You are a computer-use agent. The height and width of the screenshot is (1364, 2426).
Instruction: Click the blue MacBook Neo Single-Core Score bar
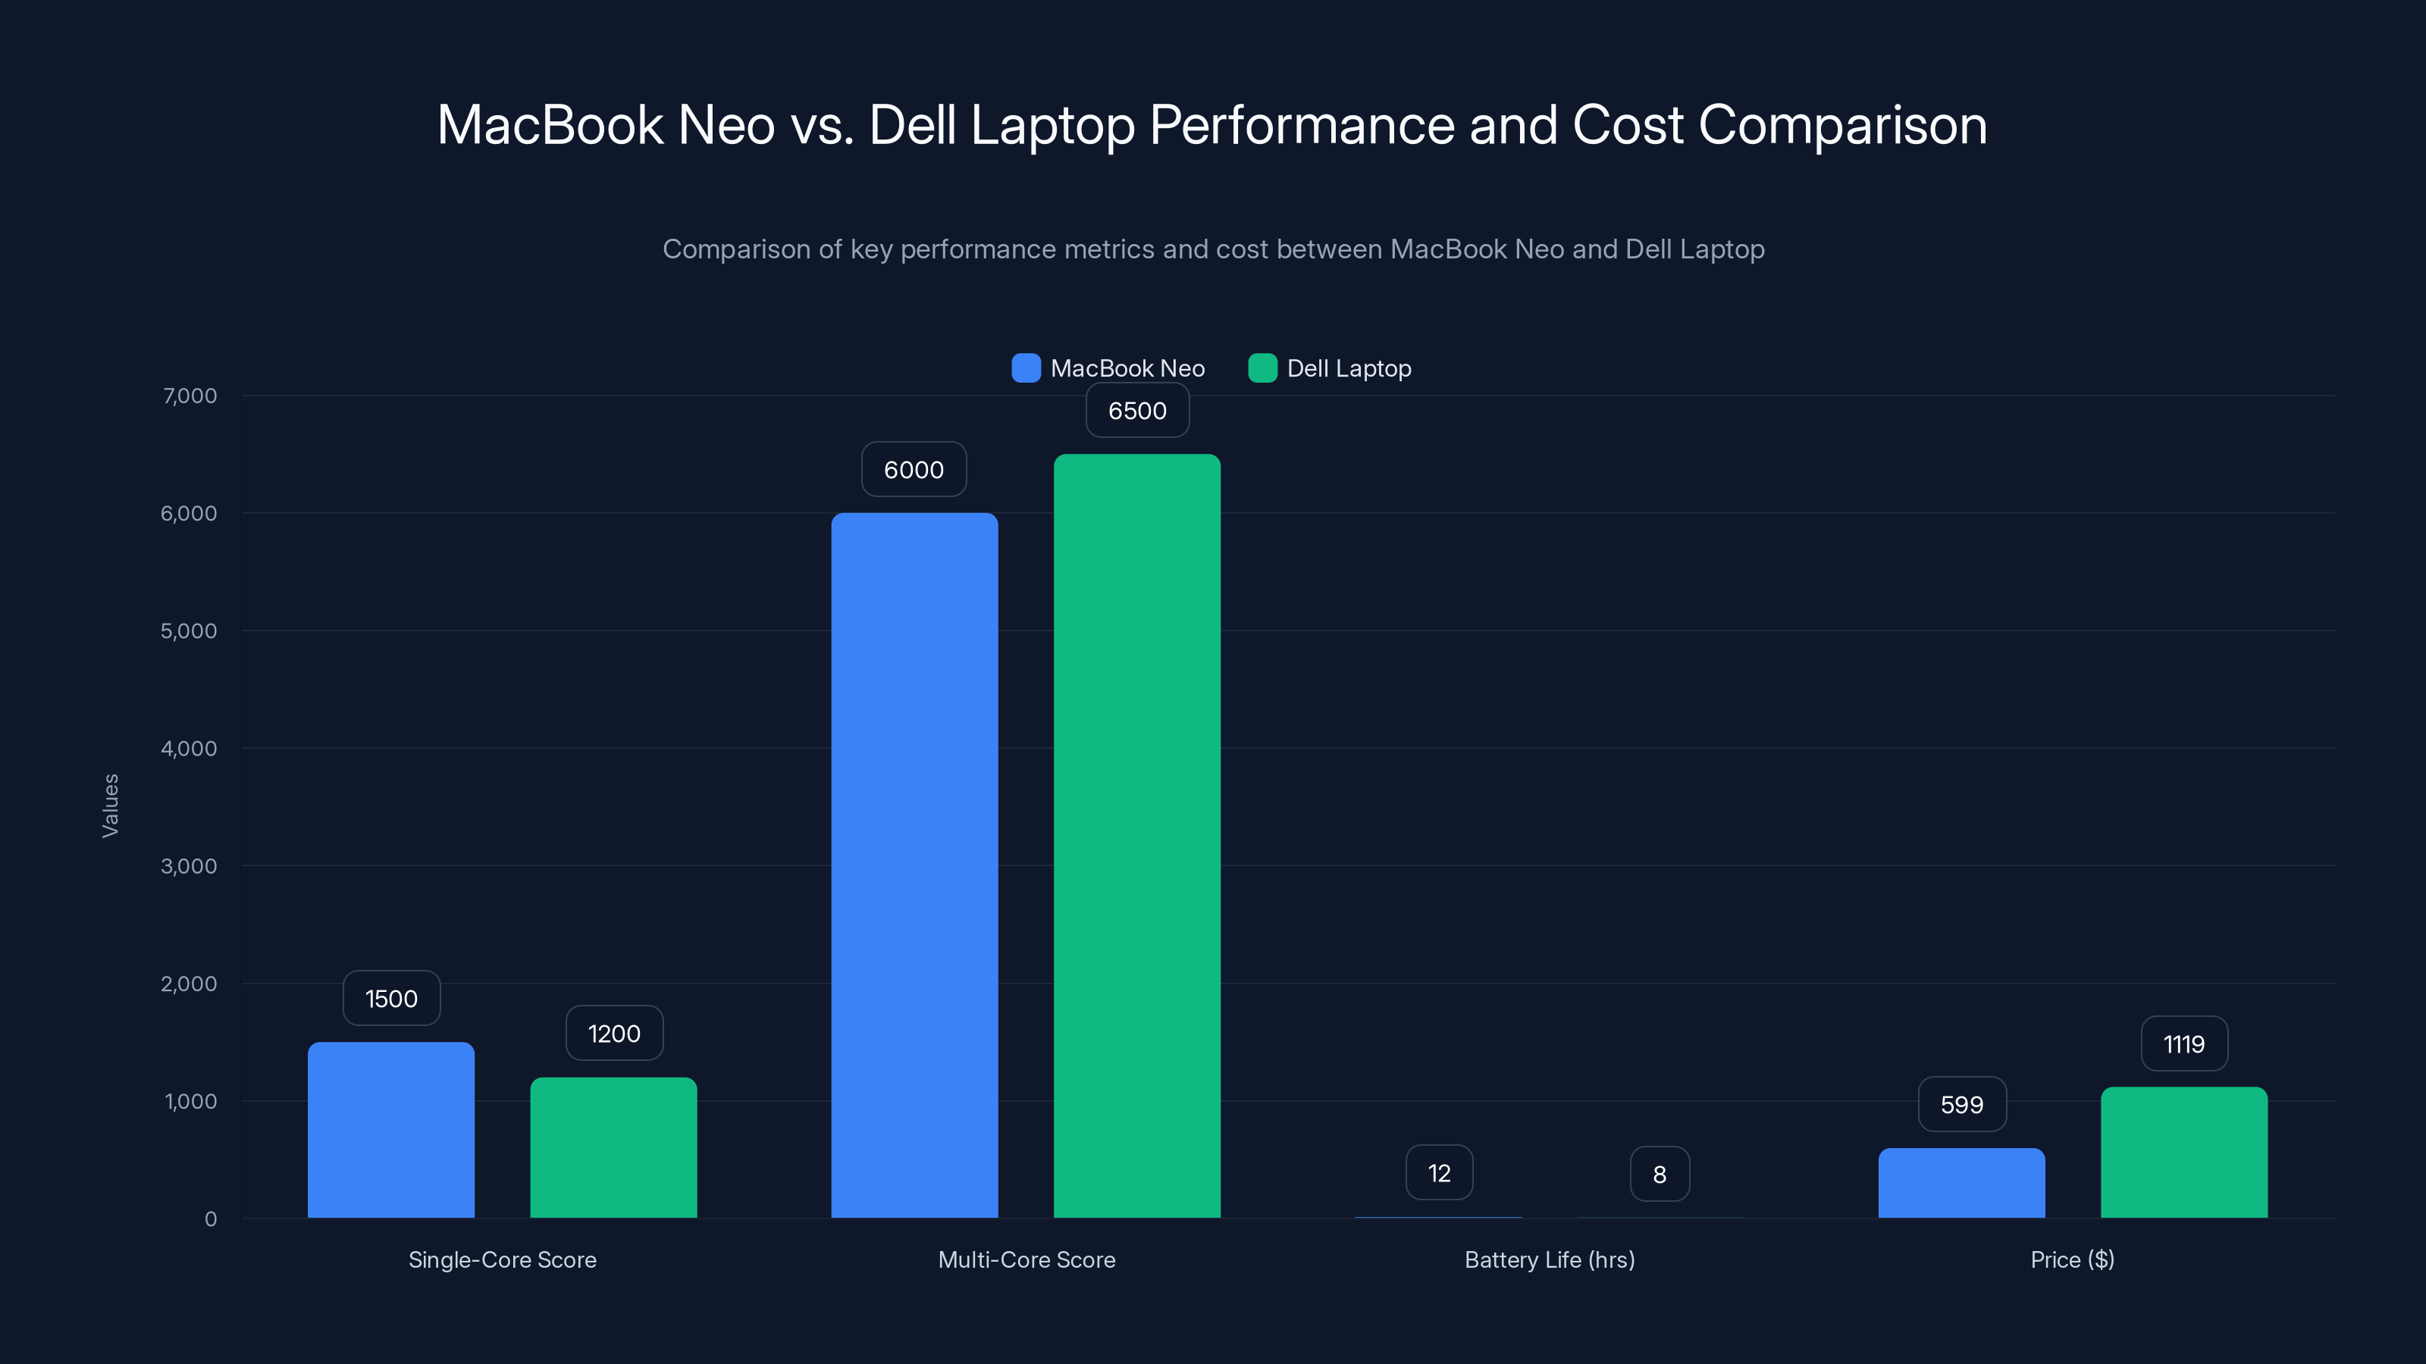click(391, 1130)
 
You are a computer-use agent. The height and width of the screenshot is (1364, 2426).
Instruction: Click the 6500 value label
click(1136, 411)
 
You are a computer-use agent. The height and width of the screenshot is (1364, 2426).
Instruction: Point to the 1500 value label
click(391, 998)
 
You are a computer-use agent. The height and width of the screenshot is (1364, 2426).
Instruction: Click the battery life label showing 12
click(1438, 1173)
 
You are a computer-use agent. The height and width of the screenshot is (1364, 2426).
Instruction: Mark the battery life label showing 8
click(1659, 1174)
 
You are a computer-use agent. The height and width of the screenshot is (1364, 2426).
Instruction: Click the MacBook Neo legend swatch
click(1026, 368)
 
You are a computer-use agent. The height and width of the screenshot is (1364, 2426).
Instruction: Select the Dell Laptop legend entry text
click(1349, 368)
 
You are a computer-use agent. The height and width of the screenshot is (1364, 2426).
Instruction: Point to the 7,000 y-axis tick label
click(190, 396)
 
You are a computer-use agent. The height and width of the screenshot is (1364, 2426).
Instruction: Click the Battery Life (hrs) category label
click(1549, 1259)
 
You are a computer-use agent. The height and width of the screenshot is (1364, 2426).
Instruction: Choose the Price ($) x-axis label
click(2072, 1259)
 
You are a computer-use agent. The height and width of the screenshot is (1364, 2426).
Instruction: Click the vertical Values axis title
click(110, 806)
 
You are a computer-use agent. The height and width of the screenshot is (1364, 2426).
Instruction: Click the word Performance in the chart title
click(1302, 124)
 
